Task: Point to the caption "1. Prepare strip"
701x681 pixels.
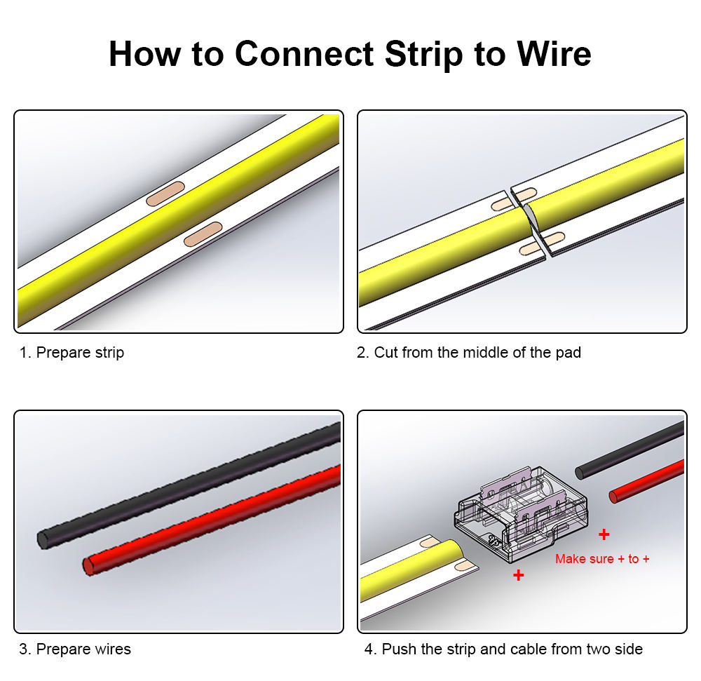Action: [x=72, y=353]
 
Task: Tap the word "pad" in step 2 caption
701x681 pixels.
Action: [x=568, y=353]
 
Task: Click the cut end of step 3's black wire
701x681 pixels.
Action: [x=43, y=539]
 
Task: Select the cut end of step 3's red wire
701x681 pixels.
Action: [x=88, y=565]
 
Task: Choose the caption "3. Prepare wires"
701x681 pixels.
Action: [x=75, y=649]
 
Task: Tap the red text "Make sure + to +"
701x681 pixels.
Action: [x=602, y=559]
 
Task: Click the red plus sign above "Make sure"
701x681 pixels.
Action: [x=604, y=535]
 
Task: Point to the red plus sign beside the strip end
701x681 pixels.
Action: [x=518, y=575]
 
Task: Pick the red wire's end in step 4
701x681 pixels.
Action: [x=614, y=497]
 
